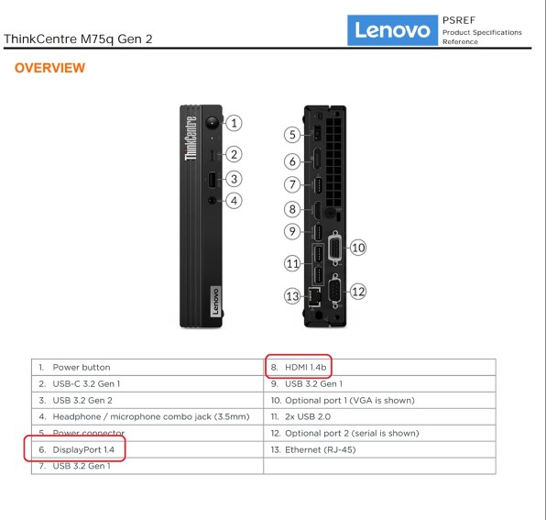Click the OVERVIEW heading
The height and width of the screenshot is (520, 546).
pyautogui.click(x=49, y=69)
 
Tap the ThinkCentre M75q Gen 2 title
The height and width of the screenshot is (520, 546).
pyautogui.click(x=78, y=39)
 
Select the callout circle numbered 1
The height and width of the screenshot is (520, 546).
pyautogui.click(x=235, y=122)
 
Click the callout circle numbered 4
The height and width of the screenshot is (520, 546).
pyautogui.click(x=235, y=200)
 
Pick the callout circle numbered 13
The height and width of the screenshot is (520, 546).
pyautogui.click(x=292, y=296)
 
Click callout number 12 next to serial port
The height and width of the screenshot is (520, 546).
pyautogui.click(x=358, y=291)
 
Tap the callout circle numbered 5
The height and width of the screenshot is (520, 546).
pyautogui.click(x=292, y=135)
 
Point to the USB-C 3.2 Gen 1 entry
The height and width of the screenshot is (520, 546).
pyautogui.click(x=85, y=383)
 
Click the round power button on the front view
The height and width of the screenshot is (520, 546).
pyautogui.click(x=213, y=121)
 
